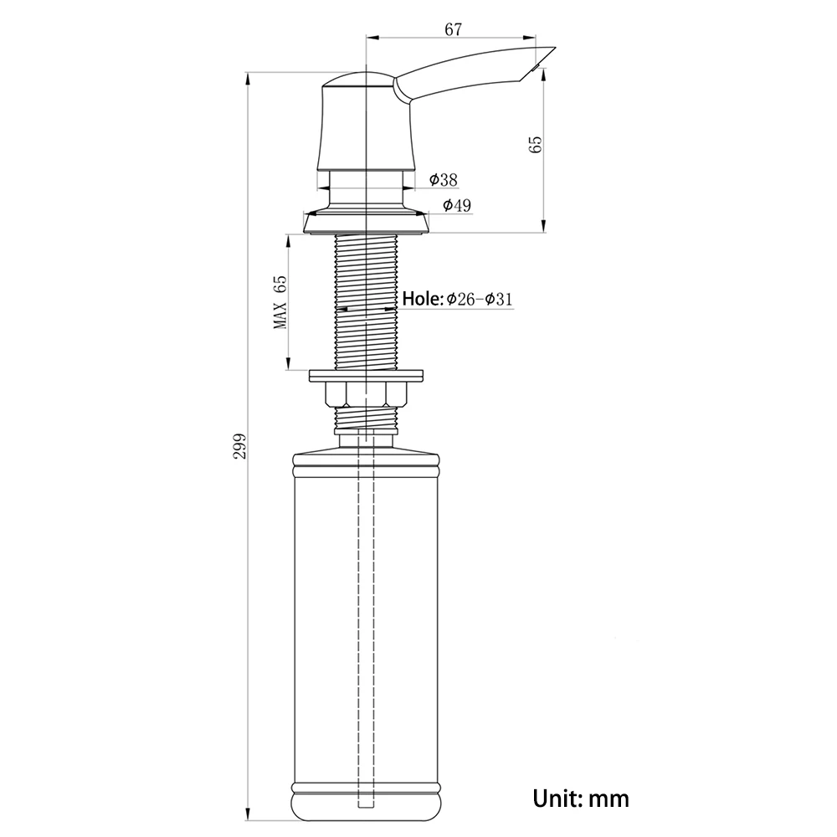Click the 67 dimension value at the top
point(453,29)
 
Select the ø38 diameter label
point(443,179)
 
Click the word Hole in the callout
point(422,299)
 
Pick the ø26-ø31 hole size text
point(479,299)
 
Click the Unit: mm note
point(581,798)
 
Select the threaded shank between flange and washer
point(367,301)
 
